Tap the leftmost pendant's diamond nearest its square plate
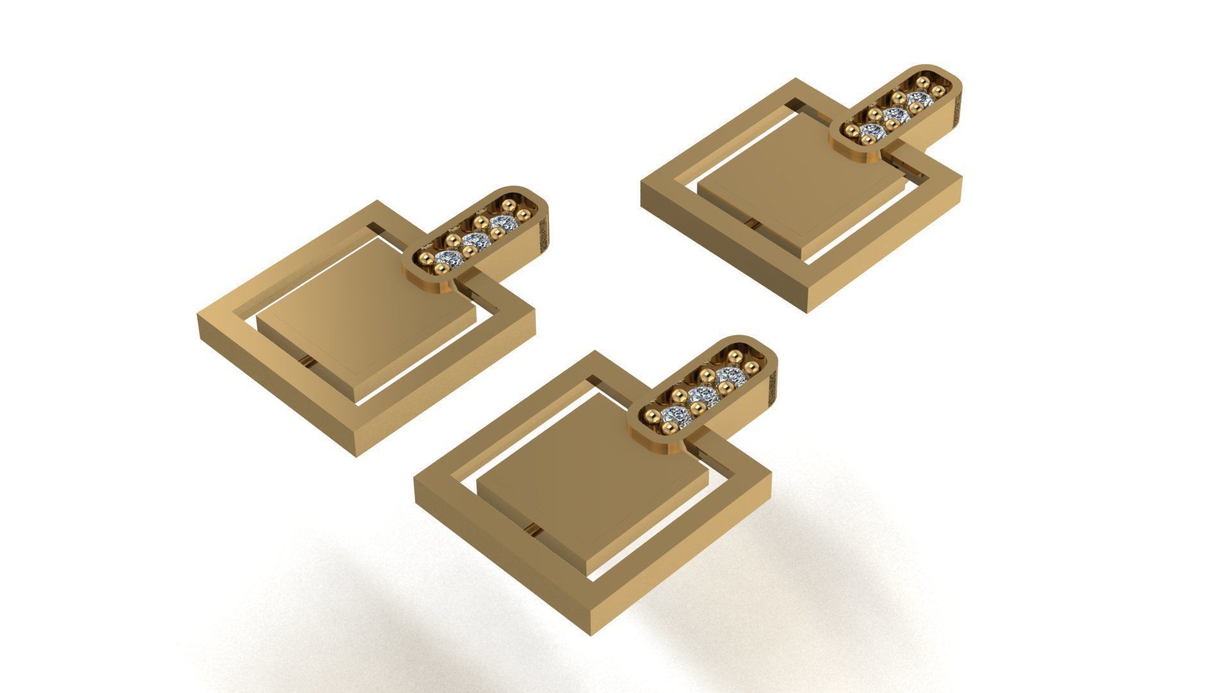(x=447, y=259)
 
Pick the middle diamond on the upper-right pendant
(x=894, y=116)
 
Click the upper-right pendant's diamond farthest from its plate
(x=920, y=99)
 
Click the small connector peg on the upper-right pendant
(x=752, y=222)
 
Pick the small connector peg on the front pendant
(x=532, y=530)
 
